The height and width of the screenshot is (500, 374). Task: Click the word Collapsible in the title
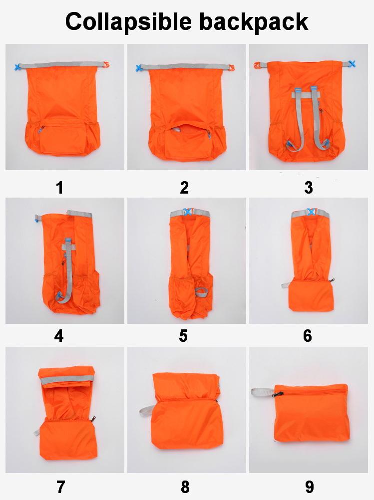[x=128, y=21]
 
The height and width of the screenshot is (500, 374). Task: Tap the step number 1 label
[x=59, y=188]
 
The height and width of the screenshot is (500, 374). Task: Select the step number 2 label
[x=184, y=188]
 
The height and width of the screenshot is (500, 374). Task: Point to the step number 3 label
[x=308, y=188]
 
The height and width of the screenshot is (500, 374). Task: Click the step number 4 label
[x=59, y=336]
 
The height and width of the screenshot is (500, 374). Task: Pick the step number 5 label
[x=183, y=336]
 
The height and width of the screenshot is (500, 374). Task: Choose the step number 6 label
[x=307, y=336]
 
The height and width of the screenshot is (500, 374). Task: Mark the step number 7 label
[x=60, y=487]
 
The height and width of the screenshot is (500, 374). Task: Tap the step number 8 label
[x=185, y=487]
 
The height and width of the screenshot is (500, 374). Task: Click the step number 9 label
[x=309, y=487]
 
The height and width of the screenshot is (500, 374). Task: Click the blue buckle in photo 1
[x=17, y=67]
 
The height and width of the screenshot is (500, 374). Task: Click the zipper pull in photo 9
[x=276, y=394]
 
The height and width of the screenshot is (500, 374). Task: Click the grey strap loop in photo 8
[x=147, y=411]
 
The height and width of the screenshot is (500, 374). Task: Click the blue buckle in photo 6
[x=311, y=212]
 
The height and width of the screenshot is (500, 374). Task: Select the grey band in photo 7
[x=67, y=379]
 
